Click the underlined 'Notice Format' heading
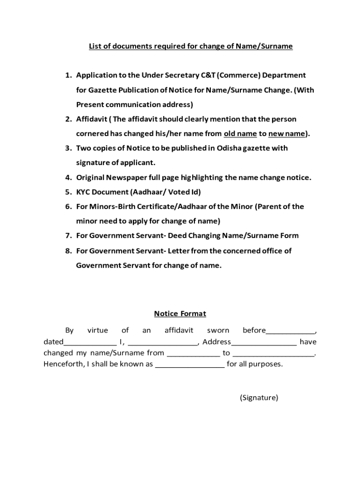[180, 314]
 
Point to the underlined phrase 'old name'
[240, 134]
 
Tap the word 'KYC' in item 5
[84, 192]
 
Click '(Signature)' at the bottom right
[259, 398]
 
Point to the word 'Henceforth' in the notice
[62, 364]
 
